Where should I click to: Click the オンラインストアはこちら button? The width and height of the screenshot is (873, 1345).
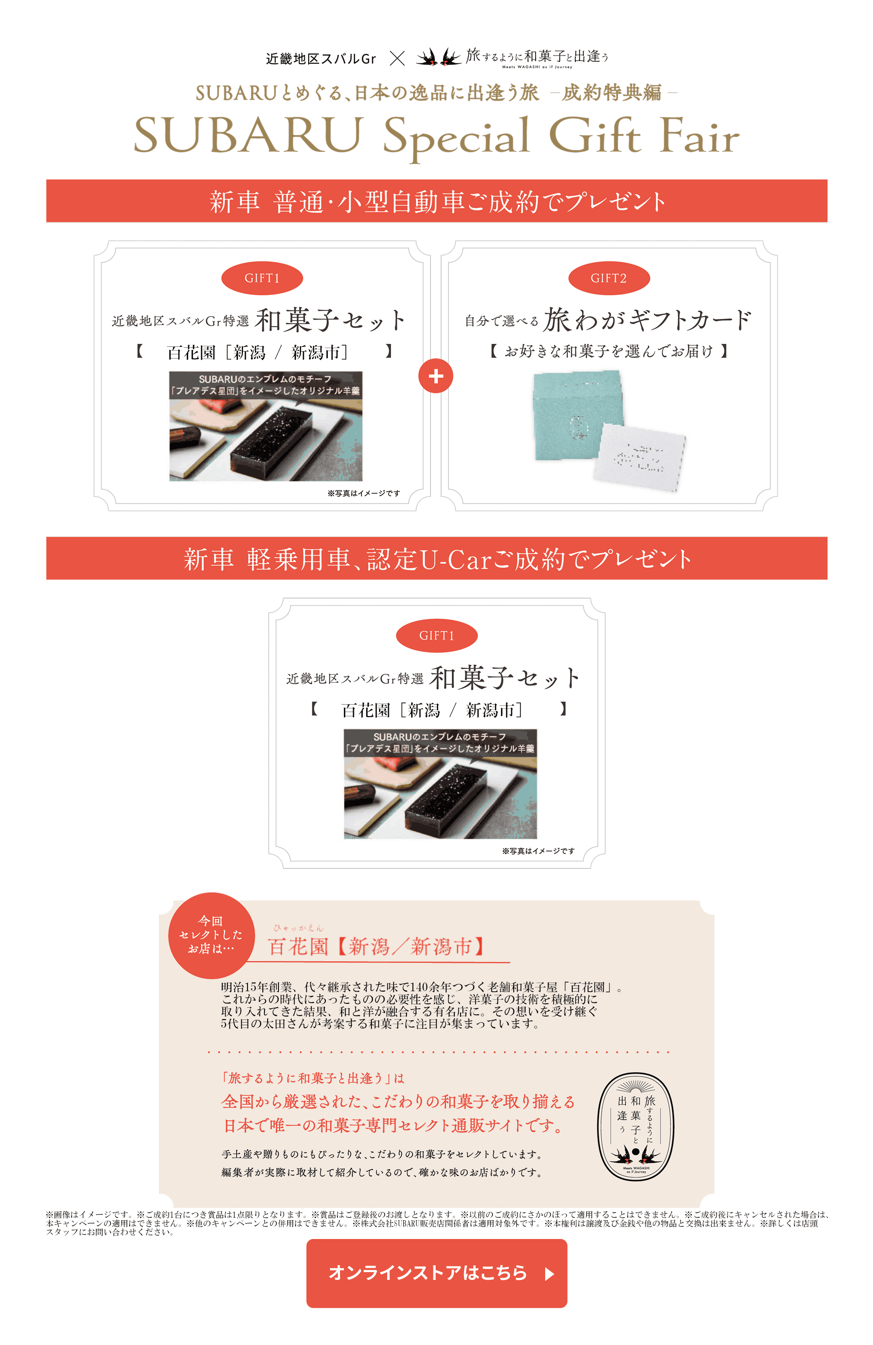(436, 1273)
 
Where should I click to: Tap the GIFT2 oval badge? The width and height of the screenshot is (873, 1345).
(608, 278)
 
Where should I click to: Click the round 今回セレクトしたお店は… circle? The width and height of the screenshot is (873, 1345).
(211, 935)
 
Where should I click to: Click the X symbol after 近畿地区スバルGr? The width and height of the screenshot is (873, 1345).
(397, 58)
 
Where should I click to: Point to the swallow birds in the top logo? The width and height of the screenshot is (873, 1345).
(438, 57)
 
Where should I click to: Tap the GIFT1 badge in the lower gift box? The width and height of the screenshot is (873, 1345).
(436, 636)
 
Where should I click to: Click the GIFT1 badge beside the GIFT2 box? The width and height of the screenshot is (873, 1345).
(262, 278)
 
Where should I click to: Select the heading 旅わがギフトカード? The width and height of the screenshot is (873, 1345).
(647, 320)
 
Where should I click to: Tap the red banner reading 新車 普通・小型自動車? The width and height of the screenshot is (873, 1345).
(436, 201)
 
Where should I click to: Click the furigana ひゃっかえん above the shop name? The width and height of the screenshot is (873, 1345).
(299, 928)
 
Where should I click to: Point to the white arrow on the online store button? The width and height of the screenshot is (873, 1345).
(549, 1274)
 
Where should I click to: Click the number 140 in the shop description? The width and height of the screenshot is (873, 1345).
(419, 987)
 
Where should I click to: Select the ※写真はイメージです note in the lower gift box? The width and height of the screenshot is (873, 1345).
(538, 851)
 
